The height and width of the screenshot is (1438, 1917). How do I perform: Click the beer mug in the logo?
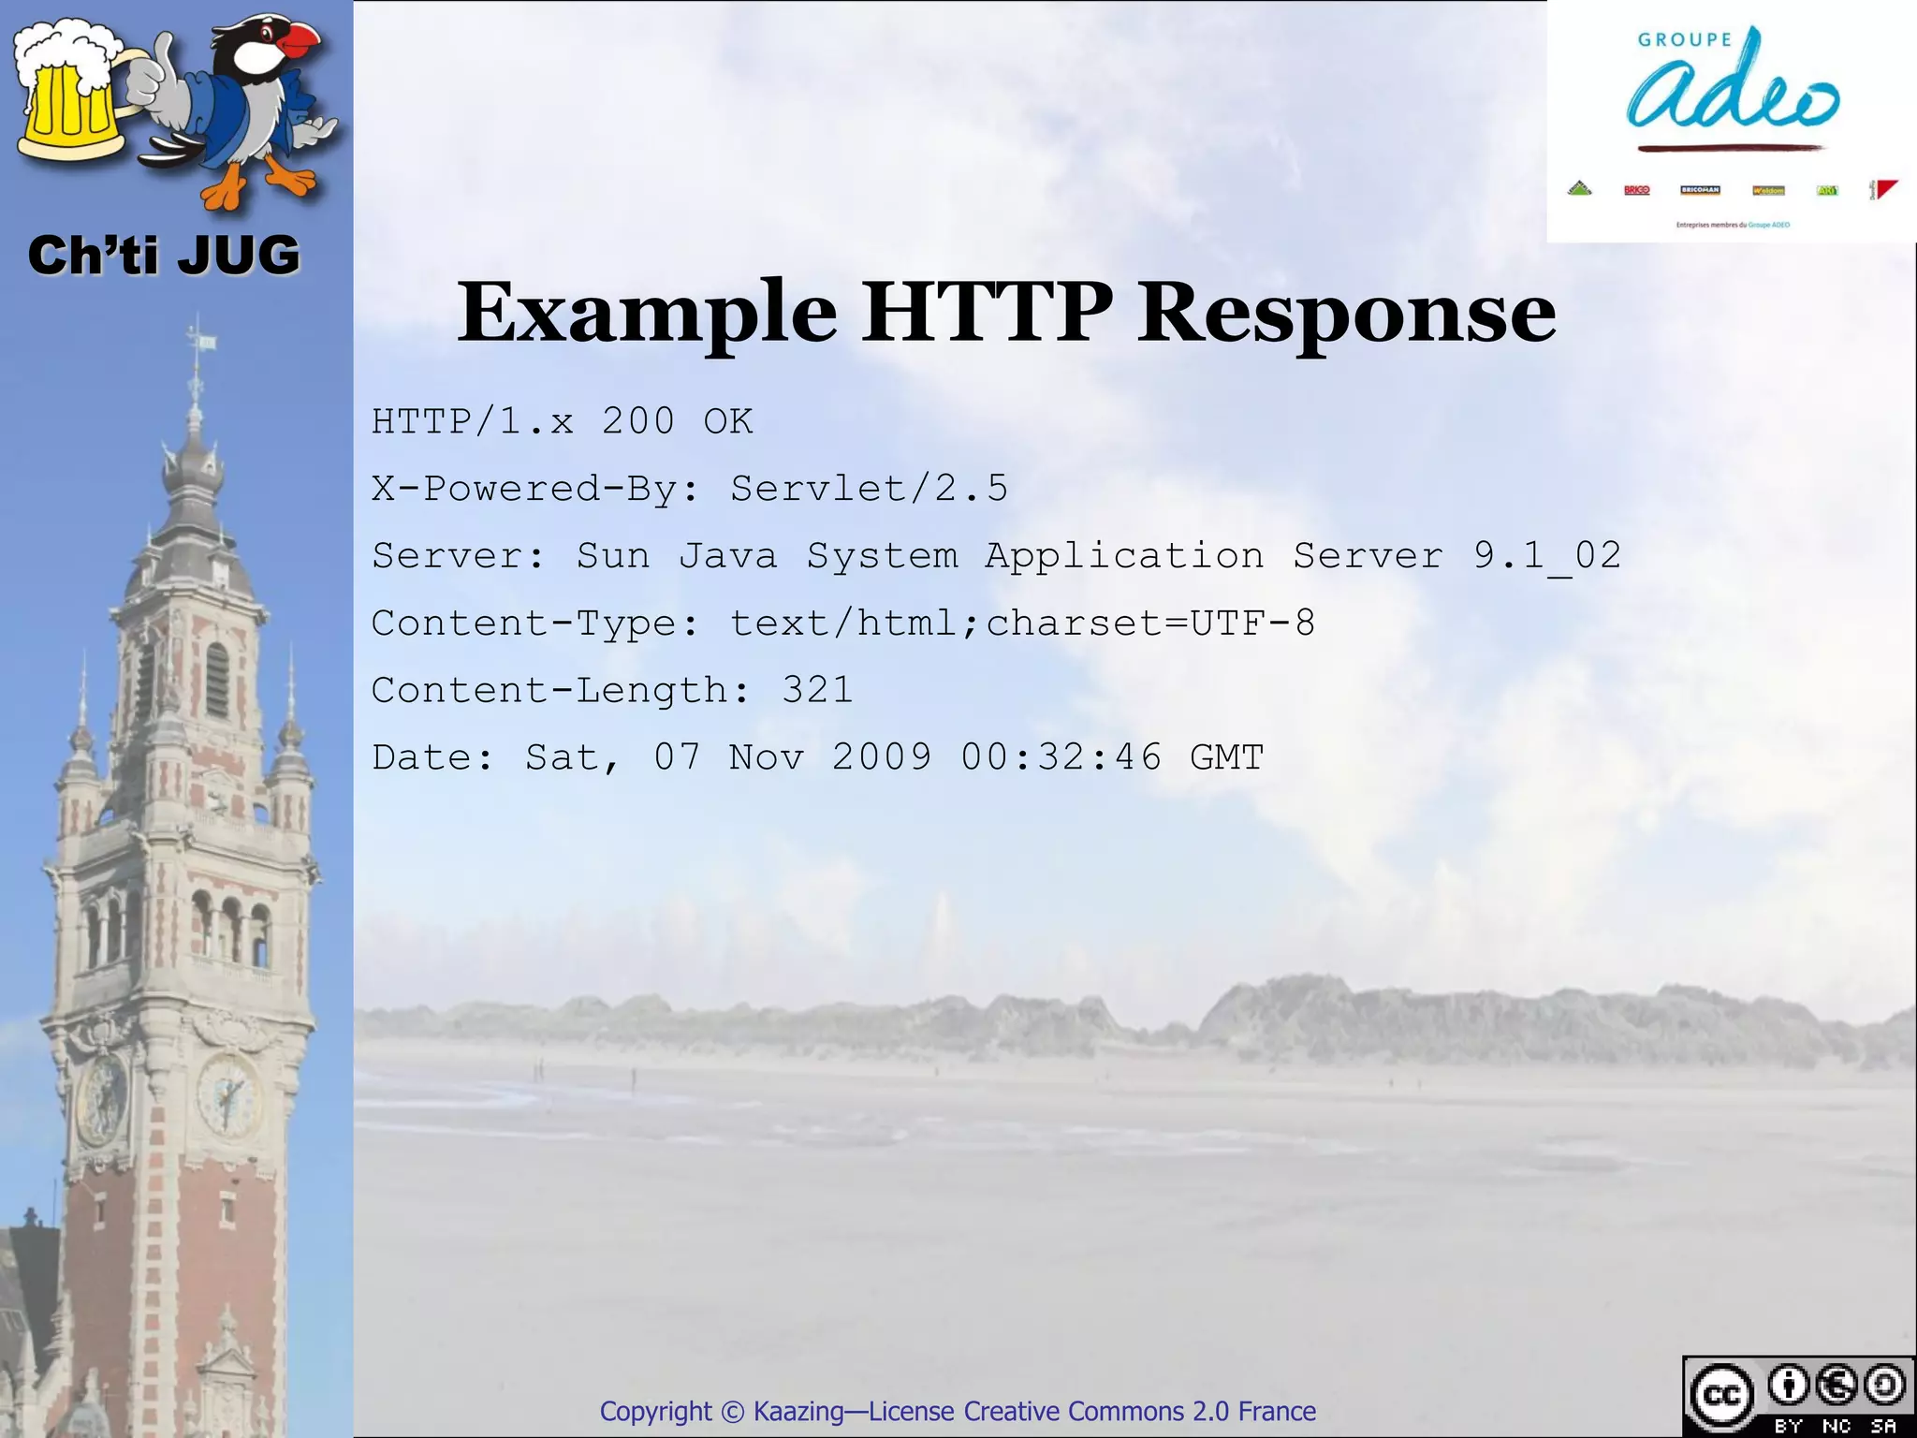[x=70, y=94]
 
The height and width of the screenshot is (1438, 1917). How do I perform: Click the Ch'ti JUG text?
[x=164, y=256]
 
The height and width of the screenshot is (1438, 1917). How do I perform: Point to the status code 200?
[x=637, y=421]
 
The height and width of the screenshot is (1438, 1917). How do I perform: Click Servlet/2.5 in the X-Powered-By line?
[x=869, y=489]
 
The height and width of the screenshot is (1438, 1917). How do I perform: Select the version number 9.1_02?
[x=1546, y=556]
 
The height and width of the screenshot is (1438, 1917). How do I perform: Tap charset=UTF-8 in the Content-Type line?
[x=1150, y=624]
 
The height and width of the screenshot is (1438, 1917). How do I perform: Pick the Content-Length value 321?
[x=817, y=691]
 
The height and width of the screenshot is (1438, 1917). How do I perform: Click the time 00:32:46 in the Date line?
[x=1061, y=757]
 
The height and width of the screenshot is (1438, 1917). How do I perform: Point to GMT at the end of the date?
[x=1227, y=757]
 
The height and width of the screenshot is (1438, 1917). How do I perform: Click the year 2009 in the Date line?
[x=882, y=757]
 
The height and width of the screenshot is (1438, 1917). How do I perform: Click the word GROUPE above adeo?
[x=1684, y=40]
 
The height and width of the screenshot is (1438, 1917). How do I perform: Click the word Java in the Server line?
[x=727, y=556]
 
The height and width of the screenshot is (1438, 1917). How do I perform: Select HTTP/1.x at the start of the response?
[x=473, y=421]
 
